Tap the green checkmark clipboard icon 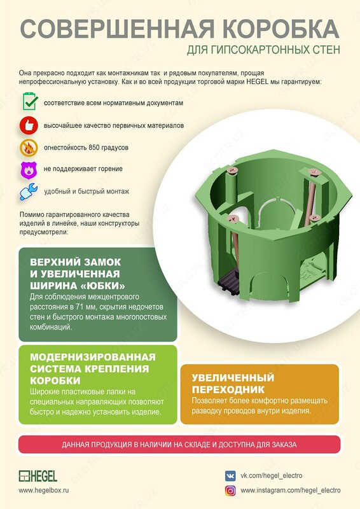29,102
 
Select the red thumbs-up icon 29,125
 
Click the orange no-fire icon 29,148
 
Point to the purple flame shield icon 29,169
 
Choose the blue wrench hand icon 29,192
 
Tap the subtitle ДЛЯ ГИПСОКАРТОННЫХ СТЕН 264,49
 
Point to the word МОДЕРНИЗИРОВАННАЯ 92,357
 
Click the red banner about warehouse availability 179,445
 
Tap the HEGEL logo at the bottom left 38,476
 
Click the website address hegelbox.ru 44,491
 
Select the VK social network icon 230,475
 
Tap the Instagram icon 230,491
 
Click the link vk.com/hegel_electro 271,475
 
